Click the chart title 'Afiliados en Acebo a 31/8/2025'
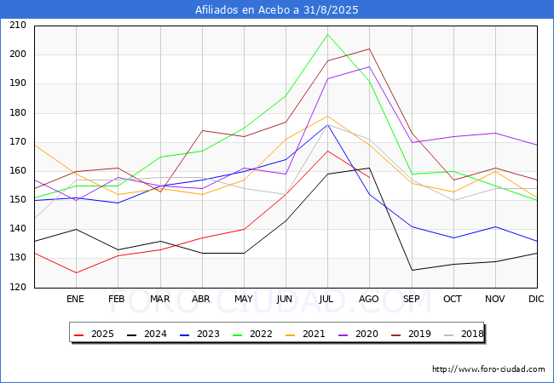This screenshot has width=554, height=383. point(277,9)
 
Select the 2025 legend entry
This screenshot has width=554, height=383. point(94,334)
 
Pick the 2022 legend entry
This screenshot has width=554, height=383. point(252,334)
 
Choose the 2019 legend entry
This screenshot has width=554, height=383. point(412,334)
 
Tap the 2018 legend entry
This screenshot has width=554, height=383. point(464,334)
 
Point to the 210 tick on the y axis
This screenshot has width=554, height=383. point(18,26)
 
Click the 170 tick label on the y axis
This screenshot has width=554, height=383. point(18,142)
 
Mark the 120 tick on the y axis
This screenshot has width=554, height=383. point(18,287)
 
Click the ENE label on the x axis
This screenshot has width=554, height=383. point(75,299)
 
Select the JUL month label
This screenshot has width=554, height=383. point(326,299)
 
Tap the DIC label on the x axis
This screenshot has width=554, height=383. point(536,299)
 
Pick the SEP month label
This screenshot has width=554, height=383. point(412,299)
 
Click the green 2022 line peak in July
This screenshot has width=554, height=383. point(328,34)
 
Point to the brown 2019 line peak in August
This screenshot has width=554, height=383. point(370,49)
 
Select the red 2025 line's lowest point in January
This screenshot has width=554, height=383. point(76,273)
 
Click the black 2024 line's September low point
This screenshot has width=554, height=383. point(412,270)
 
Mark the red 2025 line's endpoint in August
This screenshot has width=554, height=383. point(370,177)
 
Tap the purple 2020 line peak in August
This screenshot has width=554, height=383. point(370,66)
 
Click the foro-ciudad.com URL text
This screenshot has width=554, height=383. point(488,369)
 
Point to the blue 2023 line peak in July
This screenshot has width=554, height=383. point(328,124)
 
